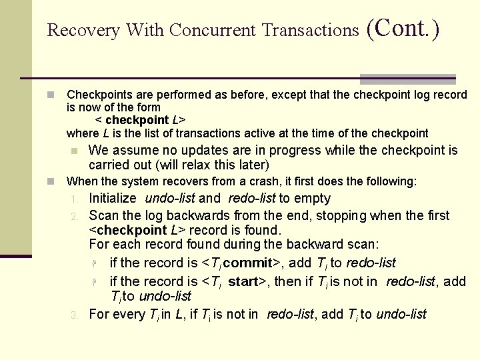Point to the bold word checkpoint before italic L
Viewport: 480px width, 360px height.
pos(137,121)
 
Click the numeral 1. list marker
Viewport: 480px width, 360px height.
pos(75,199)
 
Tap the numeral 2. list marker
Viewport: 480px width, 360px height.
pos(75,216)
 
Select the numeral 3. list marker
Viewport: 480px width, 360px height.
pos(75,315)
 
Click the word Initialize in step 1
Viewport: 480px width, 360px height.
pos(113,198)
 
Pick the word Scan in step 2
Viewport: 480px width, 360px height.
pos(103,215)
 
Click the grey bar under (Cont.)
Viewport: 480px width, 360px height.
pos(408,79)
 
